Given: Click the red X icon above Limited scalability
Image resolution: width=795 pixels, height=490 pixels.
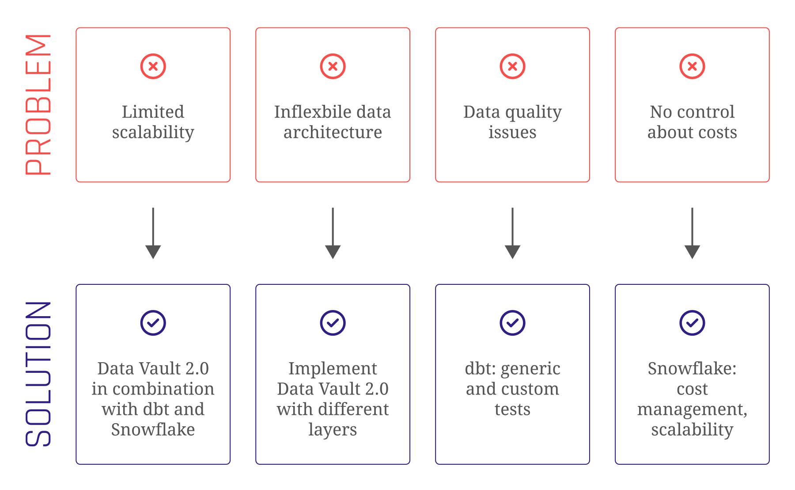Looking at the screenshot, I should [x=153, y=66].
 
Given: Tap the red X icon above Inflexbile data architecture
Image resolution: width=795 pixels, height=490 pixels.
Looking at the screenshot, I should [x=333, y=66].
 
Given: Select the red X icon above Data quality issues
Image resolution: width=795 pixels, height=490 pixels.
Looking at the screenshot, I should [x=512, y=66].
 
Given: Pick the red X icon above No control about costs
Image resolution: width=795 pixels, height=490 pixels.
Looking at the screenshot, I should [x=692, y=66].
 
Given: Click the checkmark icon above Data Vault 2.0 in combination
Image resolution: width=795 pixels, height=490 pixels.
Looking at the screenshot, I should [x=153, y=323].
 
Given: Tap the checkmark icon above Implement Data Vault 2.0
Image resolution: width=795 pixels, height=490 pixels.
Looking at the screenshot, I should [x=333, y=323].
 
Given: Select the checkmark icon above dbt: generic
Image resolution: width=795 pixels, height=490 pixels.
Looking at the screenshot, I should [x=512, y=323].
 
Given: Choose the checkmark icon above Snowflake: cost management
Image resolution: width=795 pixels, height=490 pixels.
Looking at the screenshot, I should [x=692, y=323].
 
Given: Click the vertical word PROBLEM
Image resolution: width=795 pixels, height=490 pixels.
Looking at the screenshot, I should [x=39, y=105].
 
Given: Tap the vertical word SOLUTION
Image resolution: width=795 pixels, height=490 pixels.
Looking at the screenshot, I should [x=39, y=374].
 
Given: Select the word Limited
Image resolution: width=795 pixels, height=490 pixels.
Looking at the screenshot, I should [x=153, y=112].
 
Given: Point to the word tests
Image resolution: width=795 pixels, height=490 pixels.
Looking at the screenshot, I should [x=512, y=409].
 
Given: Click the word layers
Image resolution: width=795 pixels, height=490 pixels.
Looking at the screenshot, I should [x=333, y=429].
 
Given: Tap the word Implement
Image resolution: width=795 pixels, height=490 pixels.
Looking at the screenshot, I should [x=333, y=368].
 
